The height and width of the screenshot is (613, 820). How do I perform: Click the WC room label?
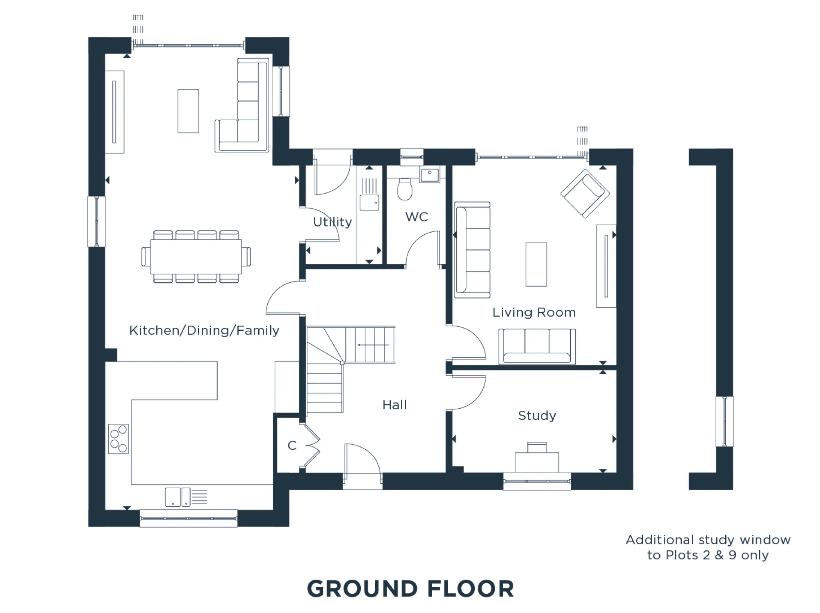[x=417, y=217]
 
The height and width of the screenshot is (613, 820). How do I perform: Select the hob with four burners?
[x=118, y=439]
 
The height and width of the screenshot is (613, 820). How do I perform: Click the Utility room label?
[x=333, y=222]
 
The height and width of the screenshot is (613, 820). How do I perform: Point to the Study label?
[x=537, y=416]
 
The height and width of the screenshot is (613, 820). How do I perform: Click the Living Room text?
[x=534, y=313]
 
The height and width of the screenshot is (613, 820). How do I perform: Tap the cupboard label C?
[x=292, y=446]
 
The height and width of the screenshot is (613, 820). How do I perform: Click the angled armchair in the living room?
[x=585, y=193]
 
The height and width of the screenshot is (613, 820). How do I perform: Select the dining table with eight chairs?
[x=196, y=257]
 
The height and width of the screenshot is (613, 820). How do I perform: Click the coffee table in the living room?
[x=536, y=264]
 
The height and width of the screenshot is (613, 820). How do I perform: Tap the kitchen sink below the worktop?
[x=178, y=497]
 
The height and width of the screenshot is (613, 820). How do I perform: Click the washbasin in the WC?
[x=429, y=174]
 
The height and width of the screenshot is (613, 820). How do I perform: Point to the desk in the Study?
[x=537, y=462]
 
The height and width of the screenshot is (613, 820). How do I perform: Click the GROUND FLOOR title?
[x=410, y=589]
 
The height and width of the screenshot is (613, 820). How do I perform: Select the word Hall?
[x=394, y=405]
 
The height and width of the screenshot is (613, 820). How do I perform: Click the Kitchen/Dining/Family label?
[x=204, y=330]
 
